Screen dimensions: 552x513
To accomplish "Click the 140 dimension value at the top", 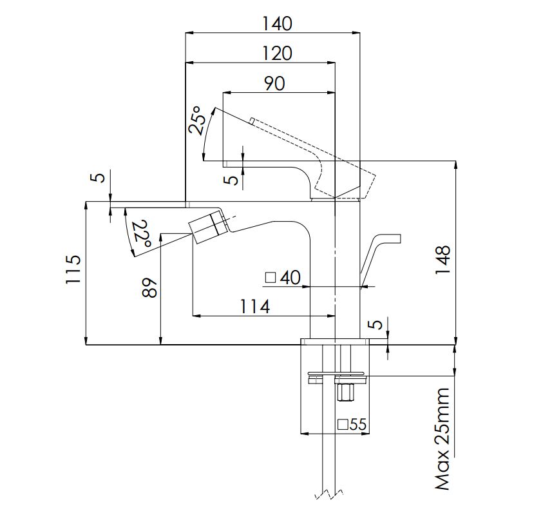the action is coord(277,24).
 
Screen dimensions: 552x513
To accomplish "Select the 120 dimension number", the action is coord(277,53).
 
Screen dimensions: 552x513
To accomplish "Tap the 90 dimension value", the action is coord(274,84).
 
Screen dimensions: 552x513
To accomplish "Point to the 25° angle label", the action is coord(198,120).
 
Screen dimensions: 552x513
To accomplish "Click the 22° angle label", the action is coord(142,234).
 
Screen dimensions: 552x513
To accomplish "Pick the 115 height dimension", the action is coord(73,269).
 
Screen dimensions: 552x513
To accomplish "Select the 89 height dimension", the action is coord(149,288).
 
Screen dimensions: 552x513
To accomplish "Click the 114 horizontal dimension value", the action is coord(255,306).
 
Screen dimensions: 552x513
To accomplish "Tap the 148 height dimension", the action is coord(443,260).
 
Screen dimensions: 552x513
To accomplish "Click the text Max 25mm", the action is coord(443,439).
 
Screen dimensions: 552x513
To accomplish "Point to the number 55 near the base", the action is coord(358,424).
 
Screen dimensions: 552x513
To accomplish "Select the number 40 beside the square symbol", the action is coord(290,277).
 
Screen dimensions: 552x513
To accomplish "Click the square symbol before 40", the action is coord(271,278).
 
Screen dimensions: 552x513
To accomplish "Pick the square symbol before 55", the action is coord(343,424).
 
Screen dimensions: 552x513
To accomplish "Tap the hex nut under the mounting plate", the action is coord(345,392).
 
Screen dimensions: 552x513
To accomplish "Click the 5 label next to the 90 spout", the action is coord(231,180).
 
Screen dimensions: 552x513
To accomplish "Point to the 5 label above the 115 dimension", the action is coord(100,177).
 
